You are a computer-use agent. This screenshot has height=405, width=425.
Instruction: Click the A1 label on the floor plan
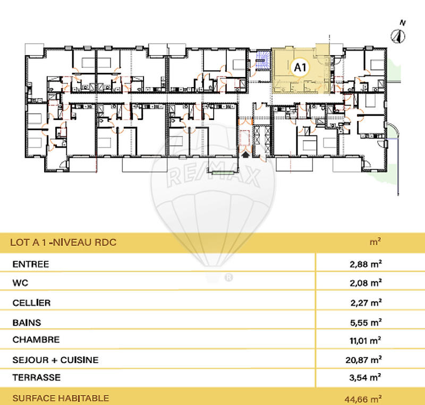(x=300, y=67)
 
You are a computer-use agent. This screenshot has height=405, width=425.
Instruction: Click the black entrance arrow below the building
(x=245, y=153)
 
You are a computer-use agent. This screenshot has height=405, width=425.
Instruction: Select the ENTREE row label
(x=31, y=264)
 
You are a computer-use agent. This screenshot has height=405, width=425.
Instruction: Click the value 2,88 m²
(x=364, y=264)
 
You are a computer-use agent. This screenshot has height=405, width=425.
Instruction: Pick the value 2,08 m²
(x=364, y=283)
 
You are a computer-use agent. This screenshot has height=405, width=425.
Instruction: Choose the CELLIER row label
(x=31, y=303)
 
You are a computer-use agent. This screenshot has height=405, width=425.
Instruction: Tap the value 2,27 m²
(x=364, y=303)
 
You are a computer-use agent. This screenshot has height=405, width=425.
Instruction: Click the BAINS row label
(x=26, y=322)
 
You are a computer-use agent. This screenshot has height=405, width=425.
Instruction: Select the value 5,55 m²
(x=364, y=322)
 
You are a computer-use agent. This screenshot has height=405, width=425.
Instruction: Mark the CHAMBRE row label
(x=36, y=340)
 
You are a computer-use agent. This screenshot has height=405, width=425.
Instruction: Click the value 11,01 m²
(x=364, y=340)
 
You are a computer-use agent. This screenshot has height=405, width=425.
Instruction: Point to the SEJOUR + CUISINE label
(x=55, y=360)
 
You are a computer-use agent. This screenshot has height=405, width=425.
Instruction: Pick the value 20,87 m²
(x=364, y=360)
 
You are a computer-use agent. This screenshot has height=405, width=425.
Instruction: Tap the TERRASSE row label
(x=36, y=378)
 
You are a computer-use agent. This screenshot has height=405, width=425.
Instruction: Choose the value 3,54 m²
(x=364, y=378)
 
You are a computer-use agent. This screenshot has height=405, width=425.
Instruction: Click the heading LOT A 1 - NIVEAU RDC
(x=63, y=243)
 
